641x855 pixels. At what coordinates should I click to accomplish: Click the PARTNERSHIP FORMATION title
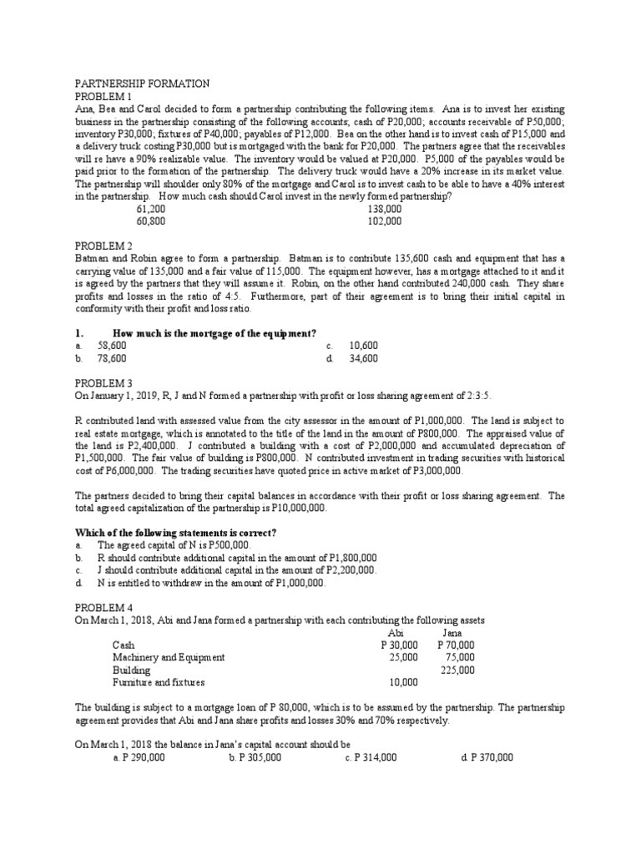point(142,84)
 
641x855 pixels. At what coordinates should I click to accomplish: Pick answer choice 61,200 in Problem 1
point(152,210)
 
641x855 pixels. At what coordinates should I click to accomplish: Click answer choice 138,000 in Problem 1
point(384,210)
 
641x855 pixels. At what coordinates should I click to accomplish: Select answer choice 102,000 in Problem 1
point(384,222)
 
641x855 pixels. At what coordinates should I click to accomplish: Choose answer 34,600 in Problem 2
point(364,358)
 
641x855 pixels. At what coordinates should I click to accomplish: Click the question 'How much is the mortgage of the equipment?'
point(215,333)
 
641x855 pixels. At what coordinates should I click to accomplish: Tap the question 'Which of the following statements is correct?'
point(176,533)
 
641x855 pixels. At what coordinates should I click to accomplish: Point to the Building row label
point(132,670)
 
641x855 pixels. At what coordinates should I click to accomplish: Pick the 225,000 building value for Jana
point(457,670)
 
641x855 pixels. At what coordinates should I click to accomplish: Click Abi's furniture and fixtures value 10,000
point(403,682)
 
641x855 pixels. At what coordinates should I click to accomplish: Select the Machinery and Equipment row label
point(169,657)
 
